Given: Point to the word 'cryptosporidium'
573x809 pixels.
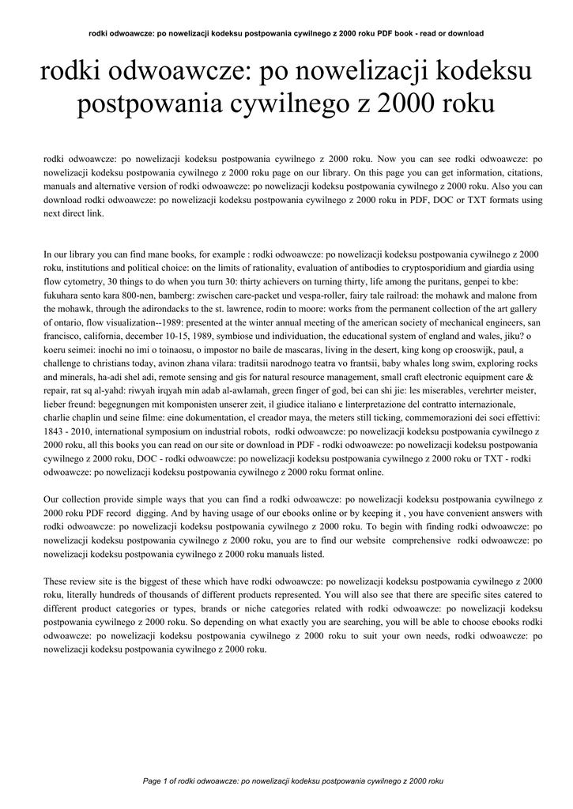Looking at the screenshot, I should [x=431, y=269].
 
